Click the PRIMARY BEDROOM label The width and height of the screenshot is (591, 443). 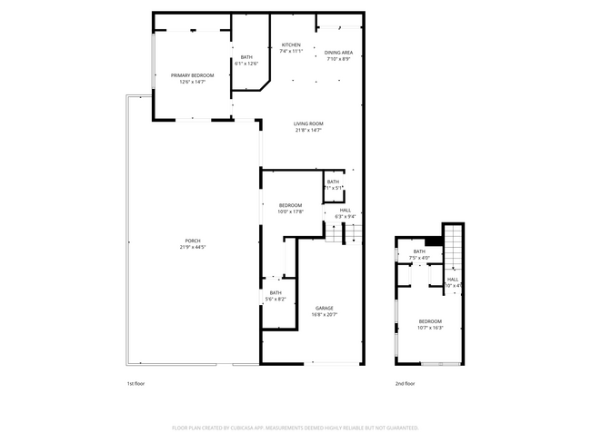(192, 75)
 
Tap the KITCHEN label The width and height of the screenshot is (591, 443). (291, 45)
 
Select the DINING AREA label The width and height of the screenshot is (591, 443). (337, 53)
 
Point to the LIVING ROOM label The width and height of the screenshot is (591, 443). (308, 124)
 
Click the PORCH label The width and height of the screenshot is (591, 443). (193, 241)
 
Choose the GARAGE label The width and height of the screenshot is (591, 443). (325, 308)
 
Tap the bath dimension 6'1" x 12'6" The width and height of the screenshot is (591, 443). (246, 64)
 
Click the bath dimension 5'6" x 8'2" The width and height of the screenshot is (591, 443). (275, 299)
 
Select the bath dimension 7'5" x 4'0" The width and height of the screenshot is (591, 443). (419, 258)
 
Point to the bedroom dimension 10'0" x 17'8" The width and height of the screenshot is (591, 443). (290, 212)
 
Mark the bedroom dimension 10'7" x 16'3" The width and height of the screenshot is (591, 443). (430, 328)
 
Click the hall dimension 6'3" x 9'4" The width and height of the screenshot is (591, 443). (345, 217)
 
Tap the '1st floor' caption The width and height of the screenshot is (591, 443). (135, 384)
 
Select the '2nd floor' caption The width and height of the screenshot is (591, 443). (405, 384)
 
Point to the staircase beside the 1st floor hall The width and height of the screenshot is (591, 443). (345, 234)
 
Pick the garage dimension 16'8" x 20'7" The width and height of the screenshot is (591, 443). (325, 315)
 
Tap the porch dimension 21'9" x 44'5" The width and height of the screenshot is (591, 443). (193, 247)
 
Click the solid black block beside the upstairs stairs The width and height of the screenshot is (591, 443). (434, 240)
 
